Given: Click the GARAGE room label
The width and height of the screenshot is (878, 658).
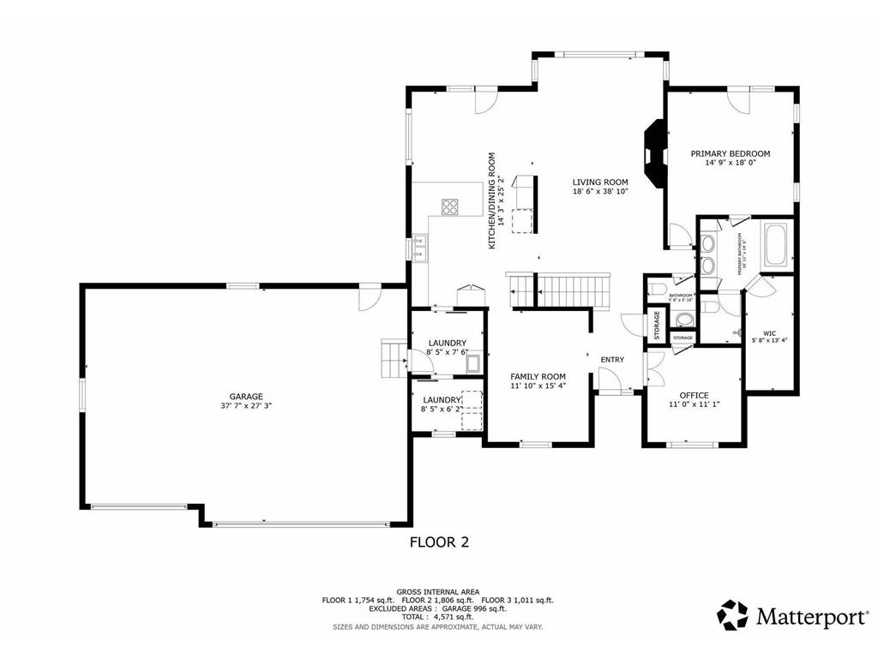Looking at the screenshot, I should pos(245,397).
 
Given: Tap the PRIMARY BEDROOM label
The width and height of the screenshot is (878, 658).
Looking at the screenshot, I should pos(731,153).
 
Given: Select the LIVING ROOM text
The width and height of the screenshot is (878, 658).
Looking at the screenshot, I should pos(600,182).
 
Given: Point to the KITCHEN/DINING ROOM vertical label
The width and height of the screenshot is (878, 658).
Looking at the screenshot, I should pos(492,200).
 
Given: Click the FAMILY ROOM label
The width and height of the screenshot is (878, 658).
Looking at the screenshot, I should pos(538,376).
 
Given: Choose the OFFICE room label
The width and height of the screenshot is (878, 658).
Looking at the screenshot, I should pos(694,395).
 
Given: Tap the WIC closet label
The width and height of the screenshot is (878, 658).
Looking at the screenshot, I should pos(769,332).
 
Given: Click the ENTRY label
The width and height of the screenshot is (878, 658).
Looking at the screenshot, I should pos(612,359).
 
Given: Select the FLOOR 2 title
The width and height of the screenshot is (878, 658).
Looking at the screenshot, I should pos(439,541).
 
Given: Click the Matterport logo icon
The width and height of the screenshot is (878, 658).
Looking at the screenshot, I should pos(732,614).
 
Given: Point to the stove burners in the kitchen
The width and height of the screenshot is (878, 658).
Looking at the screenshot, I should pos(450,206).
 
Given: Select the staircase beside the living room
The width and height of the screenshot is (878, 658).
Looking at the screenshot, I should pos(562,290).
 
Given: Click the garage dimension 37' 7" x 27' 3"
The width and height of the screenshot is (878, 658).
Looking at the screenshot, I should pos(245,407).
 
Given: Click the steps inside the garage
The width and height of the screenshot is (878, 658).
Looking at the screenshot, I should pos(393,357).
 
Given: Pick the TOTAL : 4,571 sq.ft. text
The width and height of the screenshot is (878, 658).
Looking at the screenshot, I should pos(438,616).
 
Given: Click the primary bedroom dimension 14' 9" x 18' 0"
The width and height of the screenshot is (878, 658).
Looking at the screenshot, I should pos(731,164).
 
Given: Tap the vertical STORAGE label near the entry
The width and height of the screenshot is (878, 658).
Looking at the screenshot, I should pos(658,324).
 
